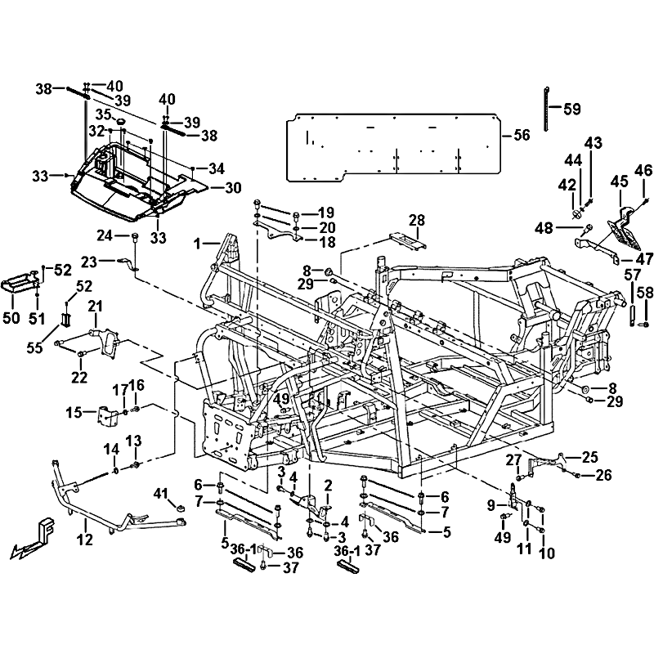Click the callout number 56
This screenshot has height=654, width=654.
pyautogui.click(x=522, y=135)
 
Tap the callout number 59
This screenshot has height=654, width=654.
pyautogui.click(x=572, y=109)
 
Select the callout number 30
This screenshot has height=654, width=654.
pyautogui.click(x=233, y=188)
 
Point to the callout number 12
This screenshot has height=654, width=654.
pyautogui.click(x=85, y=540)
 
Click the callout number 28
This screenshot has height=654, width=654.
pyautogui.click(x=417, y=220)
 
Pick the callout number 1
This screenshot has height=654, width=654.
pyautogui.click(x=198, y=244)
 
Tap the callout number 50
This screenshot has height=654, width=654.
pyautogui.click(x=11, y=318)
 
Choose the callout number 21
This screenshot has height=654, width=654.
pyautogui.click(x=95, y=307)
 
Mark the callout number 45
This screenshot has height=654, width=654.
pyautogui.click(x=620, y=181)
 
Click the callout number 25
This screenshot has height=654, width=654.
pyautogui.click(x=590, y=457)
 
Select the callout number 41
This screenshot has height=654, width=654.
pyautogui.click(x=161, y=495)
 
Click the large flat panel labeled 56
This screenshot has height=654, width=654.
pyautogui.click(x=393, y=147)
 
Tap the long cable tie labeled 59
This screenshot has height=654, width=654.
pyautogui.click(x=546, y=109)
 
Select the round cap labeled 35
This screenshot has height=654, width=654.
pyautogui.click(x=121, y=121)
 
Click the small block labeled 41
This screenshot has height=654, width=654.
pyautogui.click(x=180, y=508)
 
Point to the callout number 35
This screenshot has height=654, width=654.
pyautogui.click(x=104, y=114)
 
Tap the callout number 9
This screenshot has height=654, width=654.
pyautogui.click(x=491, y=505)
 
